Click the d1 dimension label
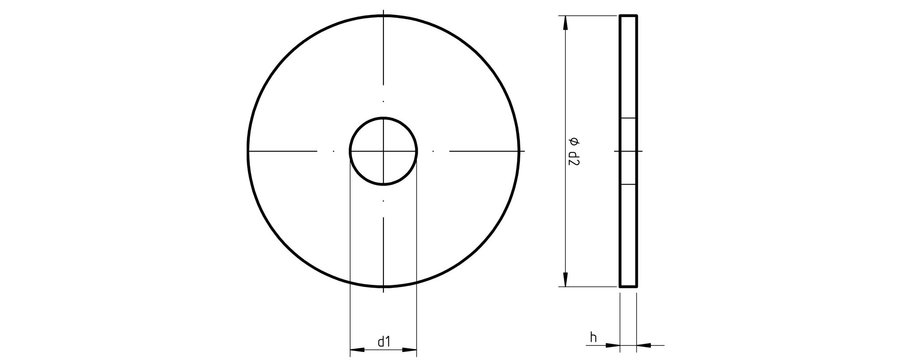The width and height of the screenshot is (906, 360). pyautogui.click(x=383, y=342)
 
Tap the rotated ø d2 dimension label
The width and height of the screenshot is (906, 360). pyautogui.click(x=574, y=152)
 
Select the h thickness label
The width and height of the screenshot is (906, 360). pyautogui.click(x=594, y=337)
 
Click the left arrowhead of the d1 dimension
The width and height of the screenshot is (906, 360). pyautogui.click(x=357, y=349)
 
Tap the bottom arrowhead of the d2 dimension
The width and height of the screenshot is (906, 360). pyautogui.click(x=565, y=279)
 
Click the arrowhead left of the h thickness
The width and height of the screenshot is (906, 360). pyautogui.click(x=613, y=346)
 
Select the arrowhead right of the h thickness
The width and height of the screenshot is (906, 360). pyautogui.click(x=644, y=346)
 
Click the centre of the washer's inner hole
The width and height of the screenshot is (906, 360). pyautogui.click(x=383, y=151)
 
